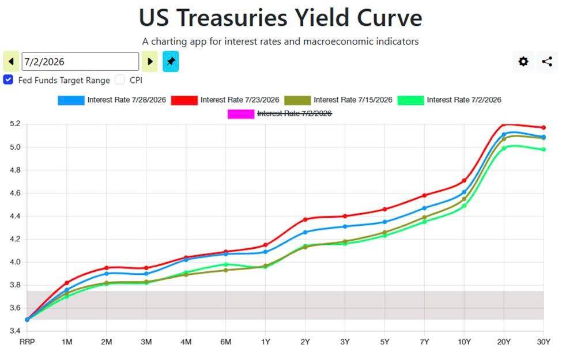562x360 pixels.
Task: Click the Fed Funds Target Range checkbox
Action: tap(8, 79)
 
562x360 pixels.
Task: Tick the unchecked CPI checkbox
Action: tap(120, 79)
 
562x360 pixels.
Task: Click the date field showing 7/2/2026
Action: tap(80, 62)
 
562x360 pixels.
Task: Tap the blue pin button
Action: tap(171, 62)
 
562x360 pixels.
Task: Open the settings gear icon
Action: tap(523, 62)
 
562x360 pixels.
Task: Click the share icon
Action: tap(547, 62)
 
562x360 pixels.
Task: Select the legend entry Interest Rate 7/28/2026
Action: tap(112, 100)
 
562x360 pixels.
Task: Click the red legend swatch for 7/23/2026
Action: tap(184, 100)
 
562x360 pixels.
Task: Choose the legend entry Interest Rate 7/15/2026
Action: tap(338, 100)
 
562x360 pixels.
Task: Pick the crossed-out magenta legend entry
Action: tap(280, 113)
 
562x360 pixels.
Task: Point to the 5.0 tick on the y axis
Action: tap(15, 147)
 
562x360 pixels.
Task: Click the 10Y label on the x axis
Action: tap(464, 342)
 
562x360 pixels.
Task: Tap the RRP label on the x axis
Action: tap(27, 342)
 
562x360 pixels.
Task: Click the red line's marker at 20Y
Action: tap(504, 124)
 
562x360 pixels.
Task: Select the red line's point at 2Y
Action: tap(305, 219)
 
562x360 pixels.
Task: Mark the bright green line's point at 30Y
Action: tap(544, 149)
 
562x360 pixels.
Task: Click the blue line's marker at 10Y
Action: tap(464, 192)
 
